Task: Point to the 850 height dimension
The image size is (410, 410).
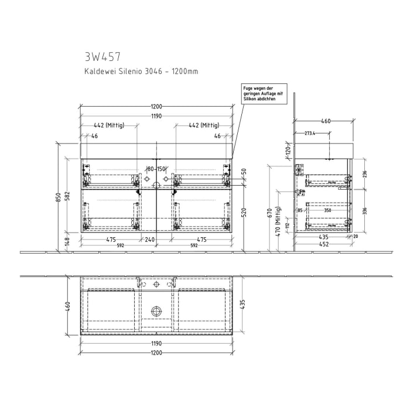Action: coord(58,197)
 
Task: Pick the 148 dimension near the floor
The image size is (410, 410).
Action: coord(69,240)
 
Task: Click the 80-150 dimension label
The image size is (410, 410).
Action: coord(156,169)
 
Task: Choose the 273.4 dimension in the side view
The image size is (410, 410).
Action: coord(310,134)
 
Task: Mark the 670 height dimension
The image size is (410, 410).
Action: coord(270,212)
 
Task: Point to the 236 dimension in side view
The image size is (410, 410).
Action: coord(364,174)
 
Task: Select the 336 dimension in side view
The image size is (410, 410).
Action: coord(364,211)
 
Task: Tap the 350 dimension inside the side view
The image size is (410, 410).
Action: coord(327,210)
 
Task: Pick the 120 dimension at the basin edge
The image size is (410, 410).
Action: coord(288,150)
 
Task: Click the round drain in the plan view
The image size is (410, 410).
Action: coord(156,311)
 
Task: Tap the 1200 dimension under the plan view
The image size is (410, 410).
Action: coord(156,353)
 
